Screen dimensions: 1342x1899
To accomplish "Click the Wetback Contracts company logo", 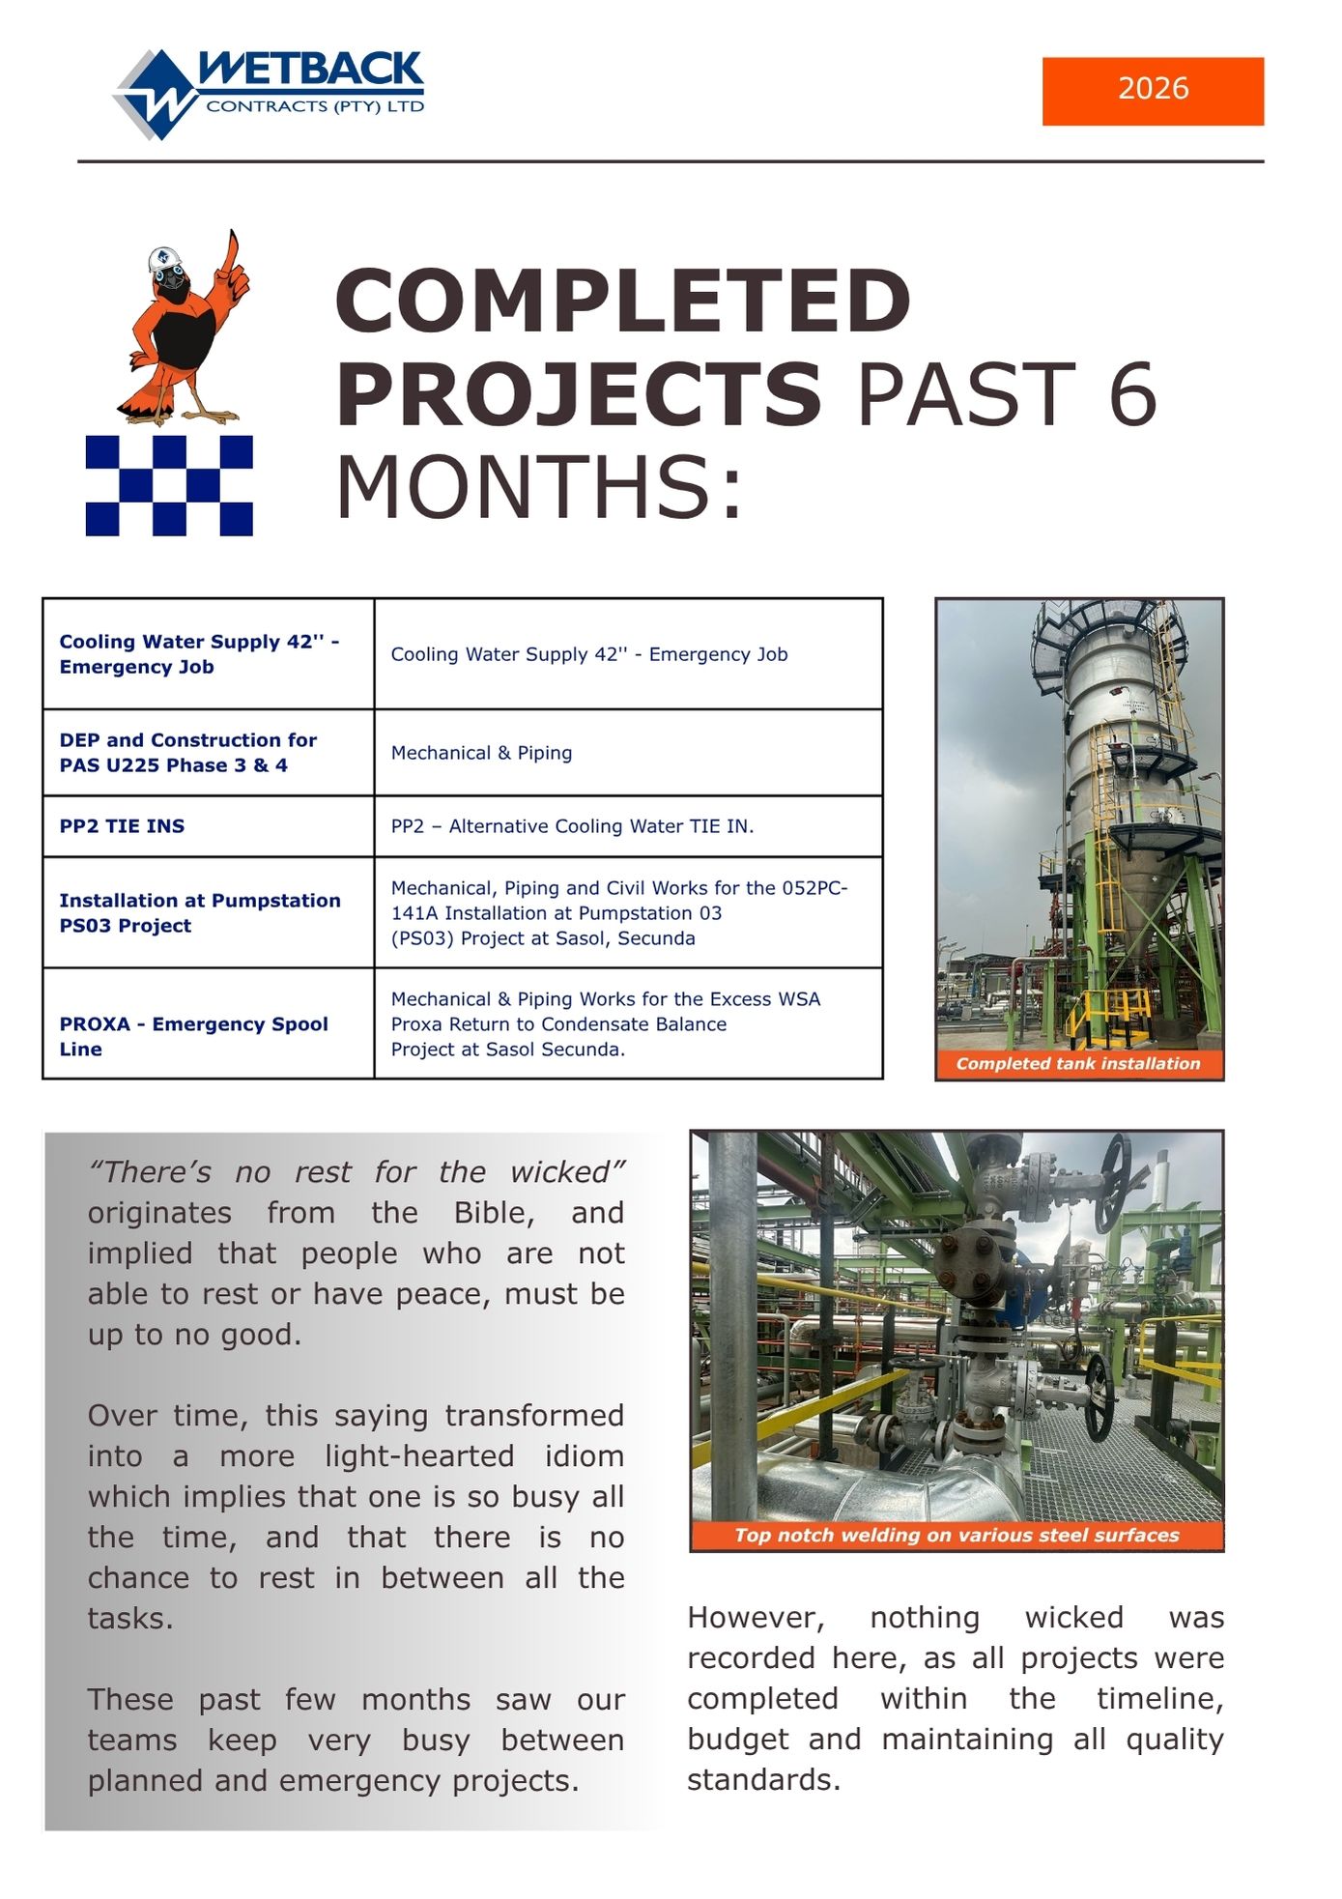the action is click(269, 94).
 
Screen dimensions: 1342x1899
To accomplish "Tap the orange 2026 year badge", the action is click(1153, 91).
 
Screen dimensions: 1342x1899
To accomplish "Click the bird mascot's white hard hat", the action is click(165, 259).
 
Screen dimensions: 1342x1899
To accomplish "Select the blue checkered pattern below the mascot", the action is click(169, 485).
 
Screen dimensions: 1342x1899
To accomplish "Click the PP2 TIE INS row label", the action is click(122, 826).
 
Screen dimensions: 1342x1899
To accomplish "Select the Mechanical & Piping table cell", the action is click(481, 753).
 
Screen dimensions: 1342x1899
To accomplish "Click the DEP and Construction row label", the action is click(187, 753).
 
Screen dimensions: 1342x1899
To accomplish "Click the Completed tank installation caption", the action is click(1078, 1063).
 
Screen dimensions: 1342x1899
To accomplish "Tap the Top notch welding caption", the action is click(957, 1536).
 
